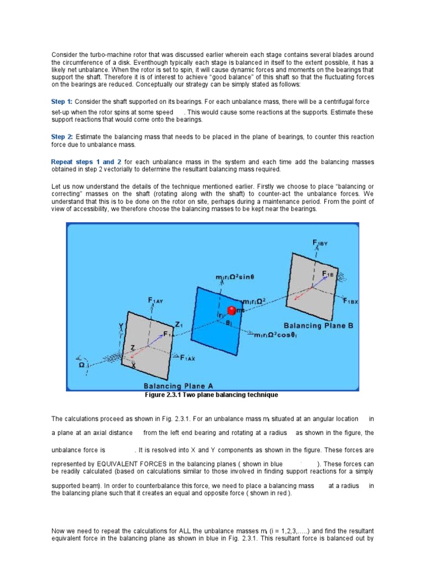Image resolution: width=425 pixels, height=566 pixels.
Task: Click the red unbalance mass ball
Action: [x=232, y=311]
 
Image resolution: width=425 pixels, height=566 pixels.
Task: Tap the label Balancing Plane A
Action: [x=178, y=386]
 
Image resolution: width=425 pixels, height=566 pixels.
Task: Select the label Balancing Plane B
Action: [x=318, y=326]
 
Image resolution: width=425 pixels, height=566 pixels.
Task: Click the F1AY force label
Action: [x=156, y=301]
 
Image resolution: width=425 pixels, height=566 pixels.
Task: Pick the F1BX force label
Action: [x=351, y=301]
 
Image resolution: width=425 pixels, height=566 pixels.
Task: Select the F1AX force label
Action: [x=190, y=357]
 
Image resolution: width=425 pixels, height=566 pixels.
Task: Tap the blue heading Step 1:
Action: [x=61, y=102]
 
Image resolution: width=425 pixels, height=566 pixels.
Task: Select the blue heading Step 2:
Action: [x=61, y=137]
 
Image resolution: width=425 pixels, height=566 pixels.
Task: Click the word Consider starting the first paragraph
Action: [x=63, y=55]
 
